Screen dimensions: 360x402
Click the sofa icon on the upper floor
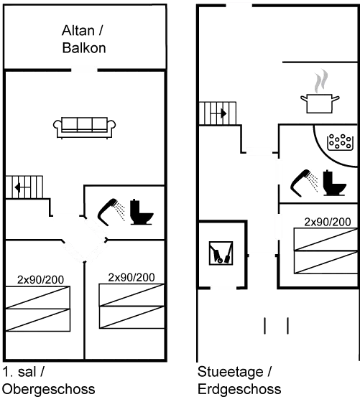click(84, 128)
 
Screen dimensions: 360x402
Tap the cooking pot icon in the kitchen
click(320, 103)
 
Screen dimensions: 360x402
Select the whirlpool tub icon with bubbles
click(339, 142)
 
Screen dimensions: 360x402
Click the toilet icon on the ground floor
click(334, 183)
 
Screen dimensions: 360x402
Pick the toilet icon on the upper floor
click(142, 212)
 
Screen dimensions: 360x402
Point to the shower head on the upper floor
click(111, 212)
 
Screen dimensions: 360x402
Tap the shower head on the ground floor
click(304, 183)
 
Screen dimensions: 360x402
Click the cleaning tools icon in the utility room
click(221, 253)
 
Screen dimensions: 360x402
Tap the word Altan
click(78, 30)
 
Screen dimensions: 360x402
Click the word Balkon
click(84, 47)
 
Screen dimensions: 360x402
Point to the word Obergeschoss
click(49, 389)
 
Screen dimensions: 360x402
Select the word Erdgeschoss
click(239, 389)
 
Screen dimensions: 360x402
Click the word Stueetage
click(230, 372)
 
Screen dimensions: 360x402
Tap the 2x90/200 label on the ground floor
click(328, 222)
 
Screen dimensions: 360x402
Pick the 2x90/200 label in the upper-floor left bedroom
click(40, 280)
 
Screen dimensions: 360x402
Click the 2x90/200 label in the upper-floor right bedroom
click(131, 277)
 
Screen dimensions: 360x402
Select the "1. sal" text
click(19, 372)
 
